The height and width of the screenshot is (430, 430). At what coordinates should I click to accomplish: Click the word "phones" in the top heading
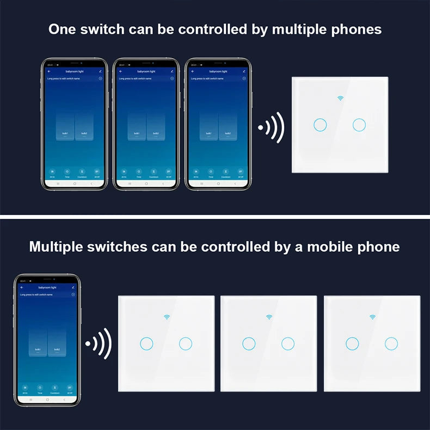357,29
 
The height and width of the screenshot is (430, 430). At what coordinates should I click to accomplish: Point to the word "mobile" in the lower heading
331,247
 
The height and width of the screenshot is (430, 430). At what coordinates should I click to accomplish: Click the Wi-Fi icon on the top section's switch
341,99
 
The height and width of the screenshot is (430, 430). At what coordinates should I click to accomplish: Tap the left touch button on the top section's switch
320,125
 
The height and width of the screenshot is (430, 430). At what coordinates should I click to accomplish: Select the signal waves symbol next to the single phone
99,343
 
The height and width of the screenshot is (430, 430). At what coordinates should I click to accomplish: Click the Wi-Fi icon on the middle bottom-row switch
269,316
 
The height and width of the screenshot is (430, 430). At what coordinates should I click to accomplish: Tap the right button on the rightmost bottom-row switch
391,343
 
